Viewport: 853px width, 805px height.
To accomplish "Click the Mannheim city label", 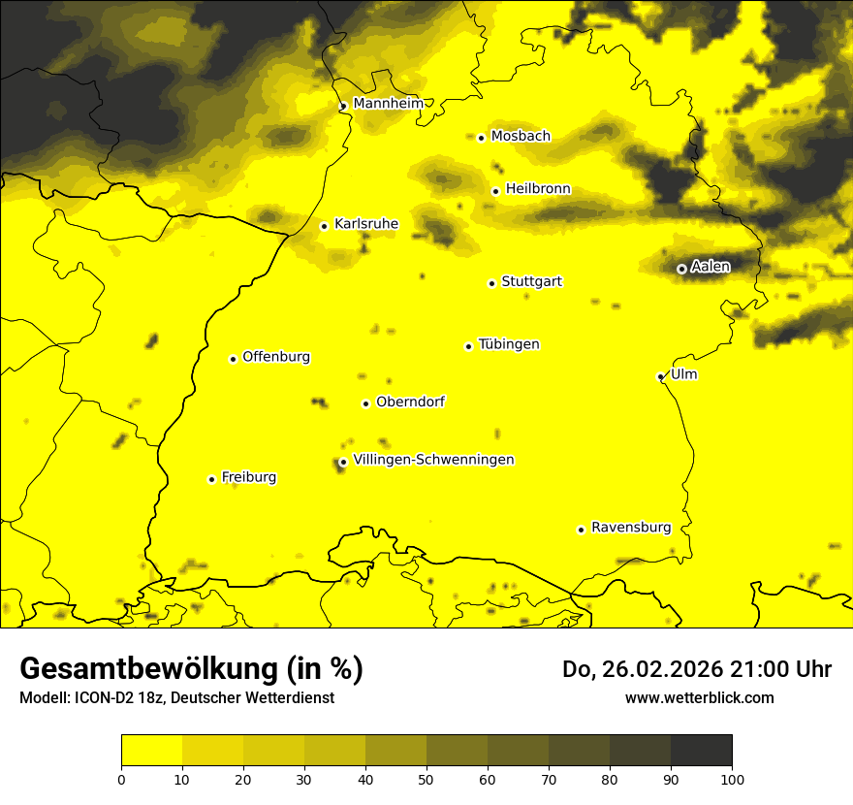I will click(388, 103).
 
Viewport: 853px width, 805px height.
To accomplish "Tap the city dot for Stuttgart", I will click(491, 283).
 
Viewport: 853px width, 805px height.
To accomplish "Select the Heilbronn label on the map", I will click(538, 189).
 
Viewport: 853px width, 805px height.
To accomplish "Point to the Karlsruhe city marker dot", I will click(324, 226).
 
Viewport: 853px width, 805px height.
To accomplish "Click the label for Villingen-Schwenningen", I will click(433, 460).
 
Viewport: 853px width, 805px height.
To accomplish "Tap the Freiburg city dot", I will click(211, 479).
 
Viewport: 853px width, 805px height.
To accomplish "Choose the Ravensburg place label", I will click(631, 528).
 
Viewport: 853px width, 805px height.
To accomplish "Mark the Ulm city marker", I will click(660, 376).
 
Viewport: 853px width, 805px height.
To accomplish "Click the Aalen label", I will click(711, 266).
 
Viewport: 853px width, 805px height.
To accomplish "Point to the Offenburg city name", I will click(276, 357).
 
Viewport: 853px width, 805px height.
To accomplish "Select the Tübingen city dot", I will click(468, 346).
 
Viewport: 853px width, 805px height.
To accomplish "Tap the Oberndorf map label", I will click(410, 402).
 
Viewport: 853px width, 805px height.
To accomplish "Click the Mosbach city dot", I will click(481, 138).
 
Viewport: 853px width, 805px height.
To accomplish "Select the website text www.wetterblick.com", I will click(699, 697).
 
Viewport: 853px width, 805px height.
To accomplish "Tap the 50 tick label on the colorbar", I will click(426, 778).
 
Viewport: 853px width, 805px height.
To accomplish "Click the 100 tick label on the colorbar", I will click(732, 778).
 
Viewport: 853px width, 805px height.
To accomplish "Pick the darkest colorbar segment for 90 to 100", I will click(701, 751).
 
